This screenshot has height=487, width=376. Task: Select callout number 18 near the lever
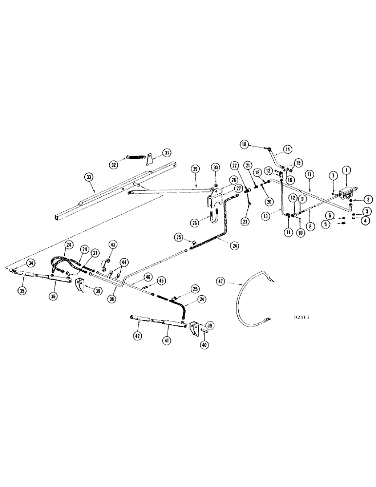tap(244, 144)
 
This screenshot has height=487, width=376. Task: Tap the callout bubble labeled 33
tap(89, 178)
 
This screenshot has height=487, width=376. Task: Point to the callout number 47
tap(222, 281)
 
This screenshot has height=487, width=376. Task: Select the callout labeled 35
tap(22, 291)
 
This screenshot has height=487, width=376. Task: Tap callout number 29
tap(195, 169)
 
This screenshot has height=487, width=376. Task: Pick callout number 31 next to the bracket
tap(167, 152)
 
